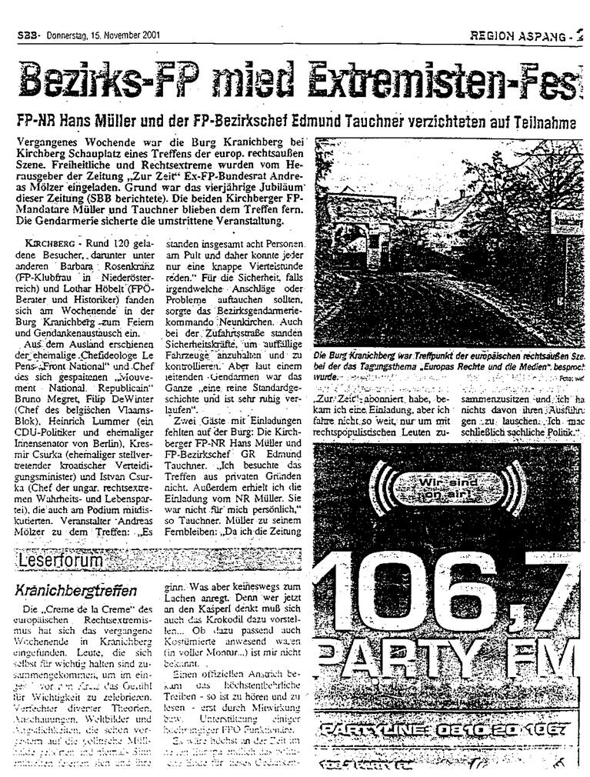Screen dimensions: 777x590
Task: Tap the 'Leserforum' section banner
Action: click(x=61, y=562)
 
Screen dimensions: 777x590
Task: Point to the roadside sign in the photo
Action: click(x=565, y=220)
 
